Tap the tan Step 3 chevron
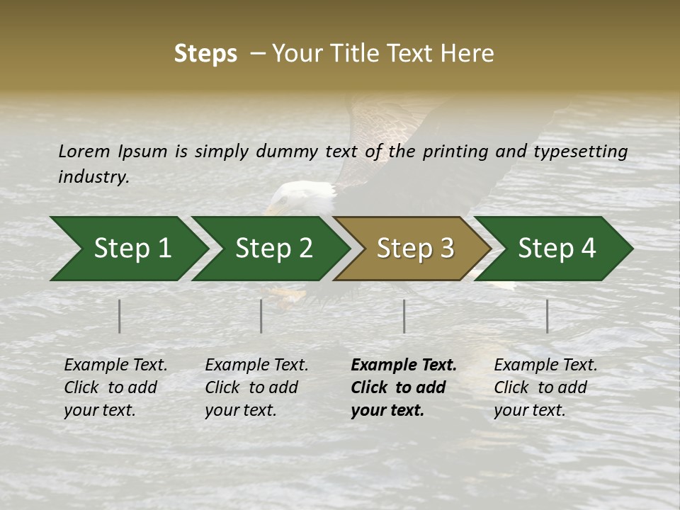tap(414, 249)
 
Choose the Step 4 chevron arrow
tap(556, 249)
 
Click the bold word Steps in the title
tap(205, 54)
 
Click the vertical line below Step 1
tap(120, 316)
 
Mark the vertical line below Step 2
tap(261, 316)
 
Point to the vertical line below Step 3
tap(404, 316)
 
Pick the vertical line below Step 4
tap(547, 316)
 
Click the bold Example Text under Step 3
tap(404, 365)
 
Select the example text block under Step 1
tap(115, 387)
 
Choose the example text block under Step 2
tap(256, 387)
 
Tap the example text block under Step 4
tap(545, 387)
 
